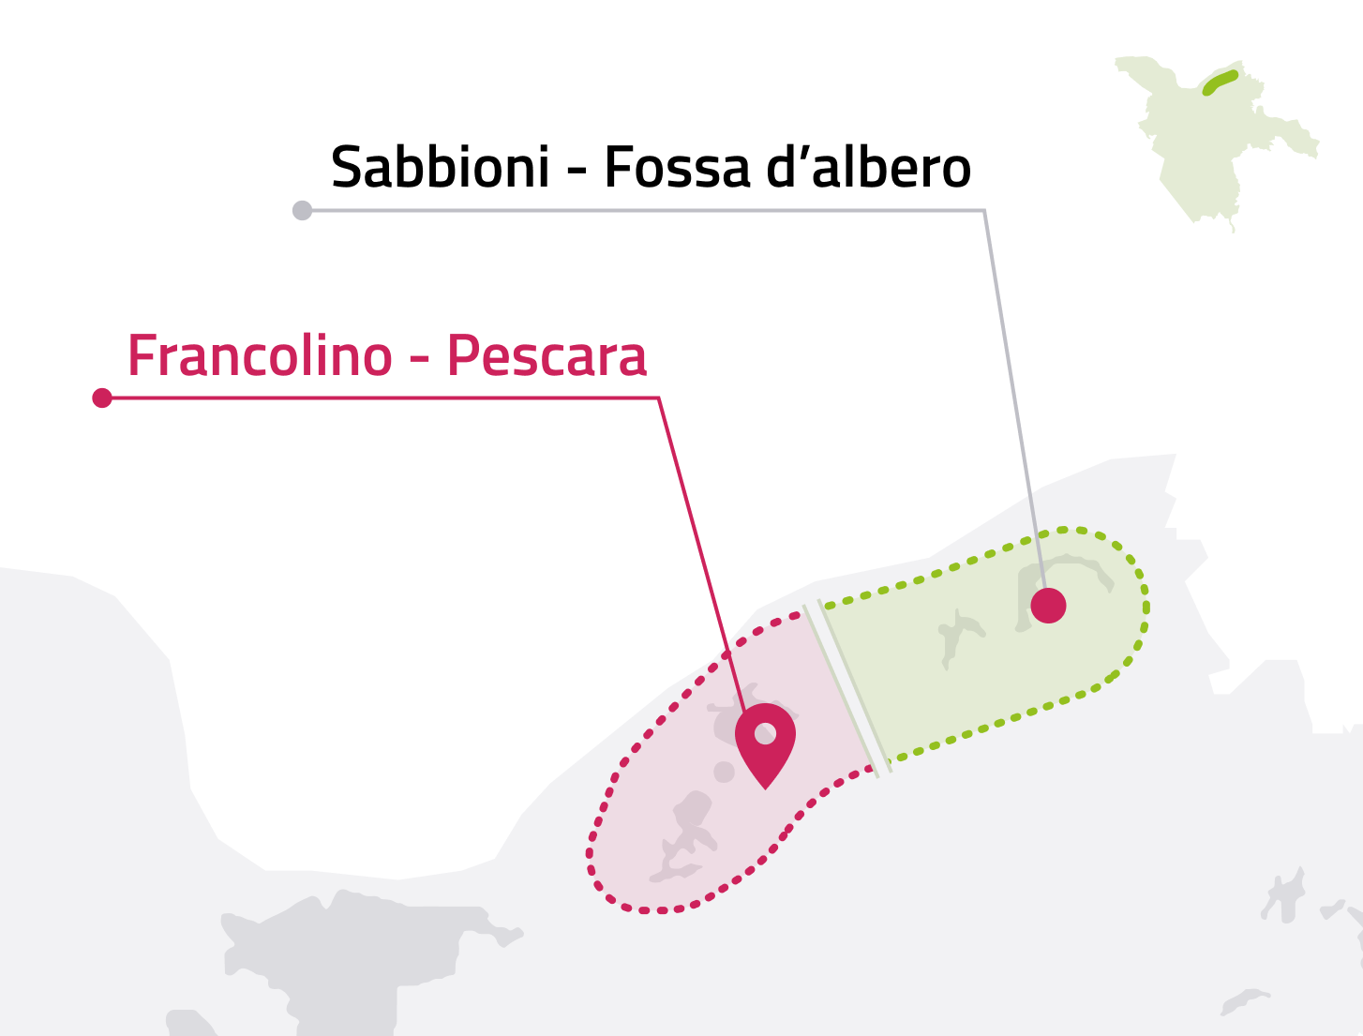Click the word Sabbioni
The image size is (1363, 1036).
440,168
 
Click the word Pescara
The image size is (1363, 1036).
547,356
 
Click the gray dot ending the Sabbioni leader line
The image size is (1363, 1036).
302,210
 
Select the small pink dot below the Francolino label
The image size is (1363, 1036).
102,398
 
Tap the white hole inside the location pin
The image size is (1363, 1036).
765,733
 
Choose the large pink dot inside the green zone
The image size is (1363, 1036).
1048,606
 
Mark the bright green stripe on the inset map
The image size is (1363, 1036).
1220,83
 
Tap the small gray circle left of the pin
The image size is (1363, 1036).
724,772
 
